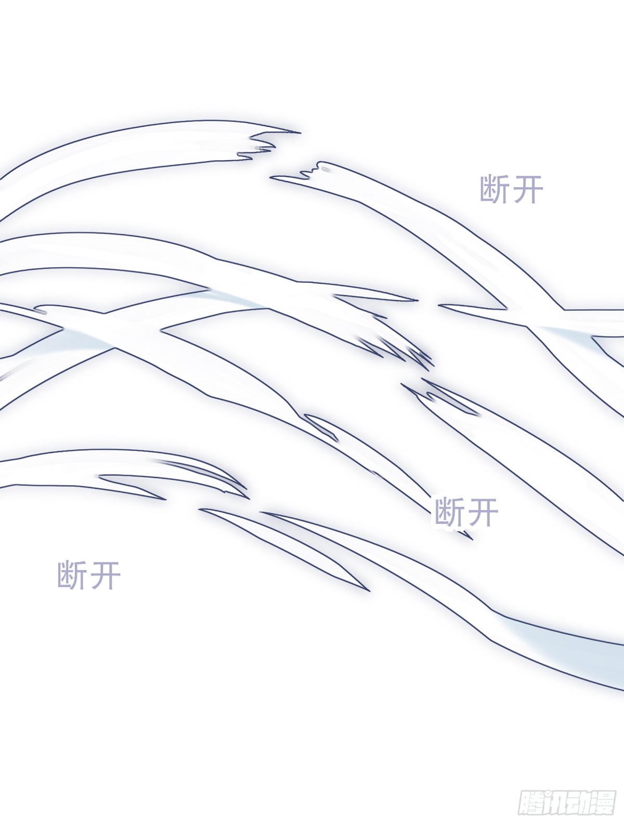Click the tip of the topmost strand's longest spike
(300, 133)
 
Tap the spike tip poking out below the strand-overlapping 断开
(471, 539)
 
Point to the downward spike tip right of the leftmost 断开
(369, 590)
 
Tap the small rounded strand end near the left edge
(41, 310)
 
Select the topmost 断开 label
(512, 190)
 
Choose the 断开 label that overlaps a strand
(466, 512)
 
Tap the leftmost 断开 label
(89, 576)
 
